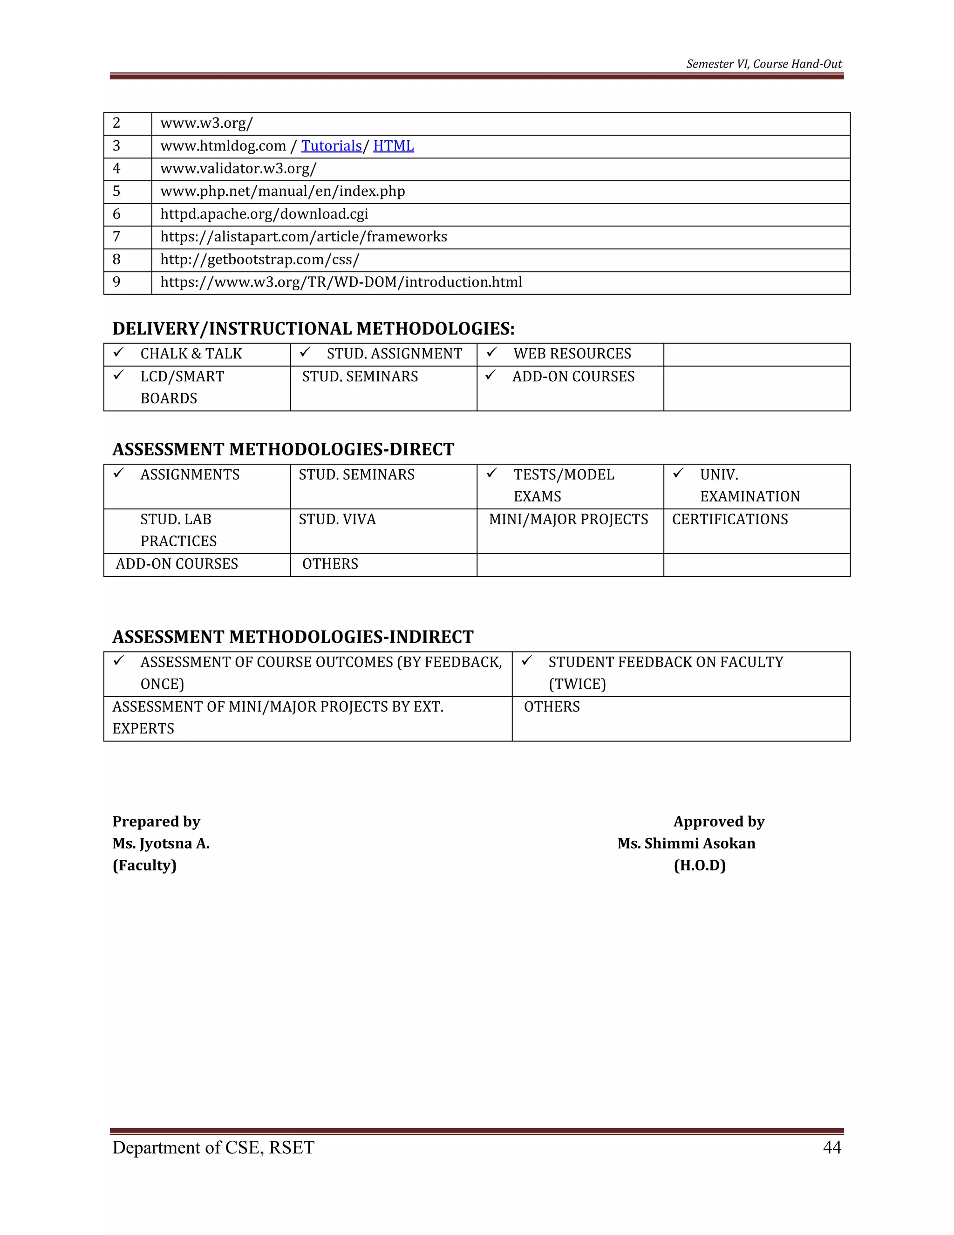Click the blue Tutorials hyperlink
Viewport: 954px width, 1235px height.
(x=331, y=146)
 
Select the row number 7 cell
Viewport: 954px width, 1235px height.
(x=117, y=237)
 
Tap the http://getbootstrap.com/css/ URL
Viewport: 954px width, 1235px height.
(x=259, y=260)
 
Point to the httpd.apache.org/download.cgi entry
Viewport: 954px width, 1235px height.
(x=264, y=214)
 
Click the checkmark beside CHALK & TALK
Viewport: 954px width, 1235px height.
(x=119, y=353)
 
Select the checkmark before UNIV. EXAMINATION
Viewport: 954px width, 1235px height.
(x=678, y=473)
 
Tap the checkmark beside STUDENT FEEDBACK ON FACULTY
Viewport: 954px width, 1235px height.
(x=527, y=660)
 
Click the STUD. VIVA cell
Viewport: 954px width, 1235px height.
(x=337, y=520)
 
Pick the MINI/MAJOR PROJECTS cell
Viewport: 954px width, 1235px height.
(x=569, y=520)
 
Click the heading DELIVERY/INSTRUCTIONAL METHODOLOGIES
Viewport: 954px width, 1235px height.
(x=313, y=329)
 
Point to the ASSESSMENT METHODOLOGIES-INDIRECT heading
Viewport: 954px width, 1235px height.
(x=293, y=637)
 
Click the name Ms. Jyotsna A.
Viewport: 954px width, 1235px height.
(x=161, y=844)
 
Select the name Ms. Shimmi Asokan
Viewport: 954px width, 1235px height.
(x=686, y=844)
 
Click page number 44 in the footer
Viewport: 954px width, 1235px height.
(x=832, y=1147)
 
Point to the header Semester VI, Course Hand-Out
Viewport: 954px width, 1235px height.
(x=763, y=64)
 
